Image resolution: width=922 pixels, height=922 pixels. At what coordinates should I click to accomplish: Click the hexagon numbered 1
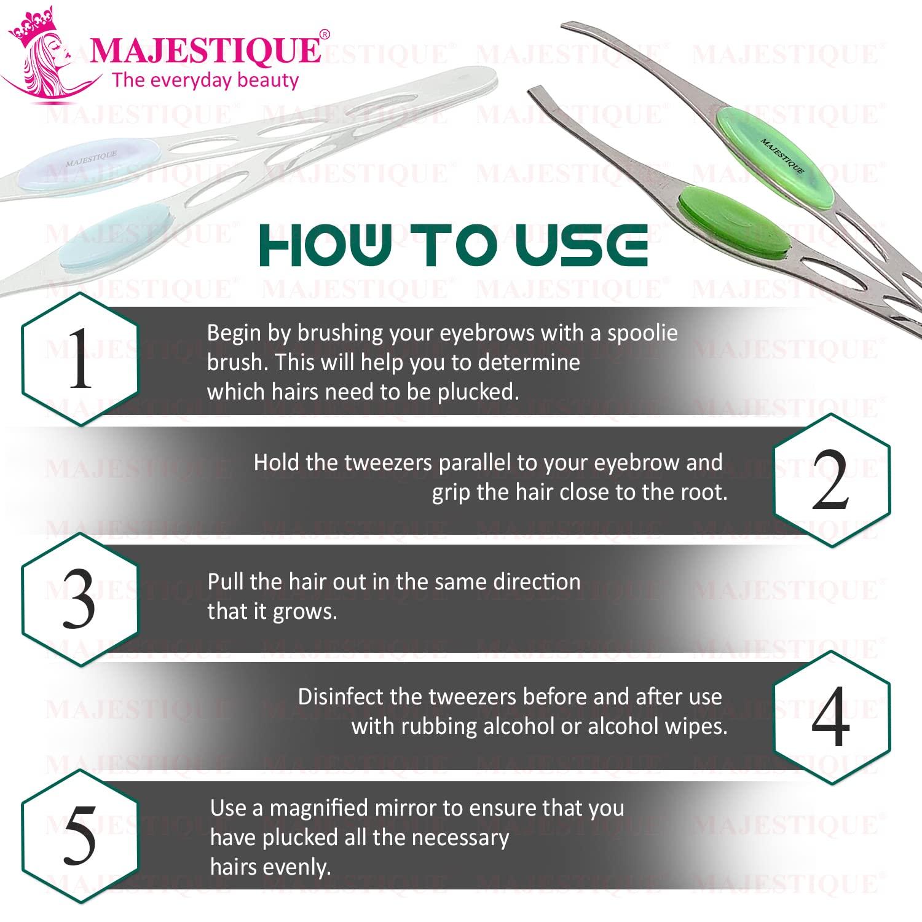pos(80,360)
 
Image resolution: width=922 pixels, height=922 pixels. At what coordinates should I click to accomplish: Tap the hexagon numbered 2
pos(832,480)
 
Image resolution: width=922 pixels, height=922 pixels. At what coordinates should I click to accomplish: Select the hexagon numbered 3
pos(80,599)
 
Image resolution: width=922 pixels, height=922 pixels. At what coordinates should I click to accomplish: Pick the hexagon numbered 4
pos(832,717)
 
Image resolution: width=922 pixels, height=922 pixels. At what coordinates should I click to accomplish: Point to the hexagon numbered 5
pos(80,837)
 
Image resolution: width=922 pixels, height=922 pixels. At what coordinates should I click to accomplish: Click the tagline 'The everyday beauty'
pos(205,81)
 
